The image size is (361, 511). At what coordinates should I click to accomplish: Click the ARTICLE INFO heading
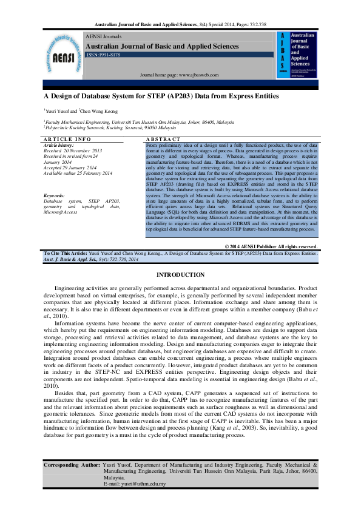click(67, 140)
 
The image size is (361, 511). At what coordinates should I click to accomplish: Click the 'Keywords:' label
click(55, 195)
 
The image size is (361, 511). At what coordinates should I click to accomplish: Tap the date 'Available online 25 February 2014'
click(78, 174)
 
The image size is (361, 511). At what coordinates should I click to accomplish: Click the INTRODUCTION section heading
click(180, 275)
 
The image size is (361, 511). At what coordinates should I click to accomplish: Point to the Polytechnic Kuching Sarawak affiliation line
click(110, 129)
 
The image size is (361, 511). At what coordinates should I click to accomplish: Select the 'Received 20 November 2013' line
click(73, 151)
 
